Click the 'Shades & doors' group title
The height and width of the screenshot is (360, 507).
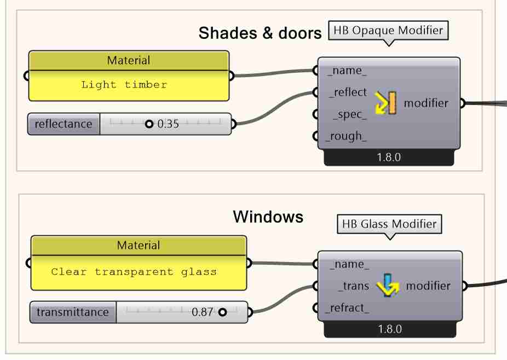260,33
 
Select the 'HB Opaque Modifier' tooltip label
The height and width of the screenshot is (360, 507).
388,31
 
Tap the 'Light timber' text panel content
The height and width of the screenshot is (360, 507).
124,85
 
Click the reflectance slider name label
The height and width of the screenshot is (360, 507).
64,124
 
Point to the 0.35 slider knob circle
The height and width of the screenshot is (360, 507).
149,124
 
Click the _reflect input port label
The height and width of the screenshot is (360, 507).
348,92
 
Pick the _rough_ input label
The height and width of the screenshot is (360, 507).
347,136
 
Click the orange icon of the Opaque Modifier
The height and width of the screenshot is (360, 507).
385,103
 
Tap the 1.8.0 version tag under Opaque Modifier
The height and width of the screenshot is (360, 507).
389,158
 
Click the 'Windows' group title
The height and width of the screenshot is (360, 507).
268,217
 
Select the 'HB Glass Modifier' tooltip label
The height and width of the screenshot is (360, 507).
389,224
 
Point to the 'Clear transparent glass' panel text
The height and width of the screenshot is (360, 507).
134,272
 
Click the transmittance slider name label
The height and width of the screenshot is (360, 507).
73,312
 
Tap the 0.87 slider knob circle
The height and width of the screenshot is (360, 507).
222,312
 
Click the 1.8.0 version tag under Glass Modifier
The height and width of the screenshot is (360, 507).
389,329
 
